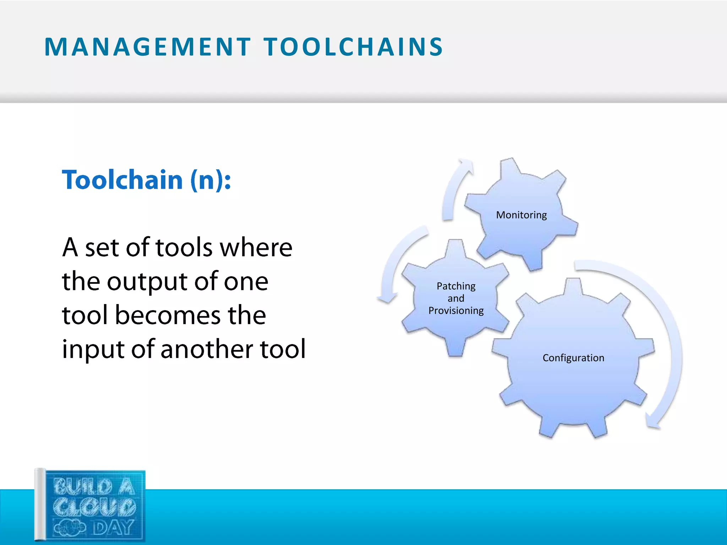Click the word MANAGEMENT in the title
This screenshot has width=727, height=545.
[x=147, y=47]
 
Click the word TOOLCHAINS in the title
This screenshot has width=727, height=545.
[x=353, y=47]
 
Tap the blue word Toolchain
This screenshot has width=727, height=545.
[x=122, y=180]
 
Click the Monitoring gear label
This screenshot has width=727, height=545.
[x=521, y=215]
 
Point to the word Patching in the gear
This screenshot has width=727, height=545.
[x=456, y=286]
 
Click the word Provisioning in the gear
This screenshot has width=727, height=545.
[x=456, y=310]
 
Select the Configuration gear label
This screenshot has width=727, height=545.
[x=573, y=358]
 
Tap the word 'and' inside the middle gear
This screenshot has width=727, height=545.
[x=456, y=298]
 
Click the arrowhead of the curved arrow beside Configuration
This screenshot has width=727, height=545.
[x=653, y=422]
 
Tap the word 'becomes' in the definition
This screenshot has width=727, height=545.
[x=168, y=315]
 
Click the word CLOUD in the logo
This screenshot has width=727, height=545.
[x=94, y=507]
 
